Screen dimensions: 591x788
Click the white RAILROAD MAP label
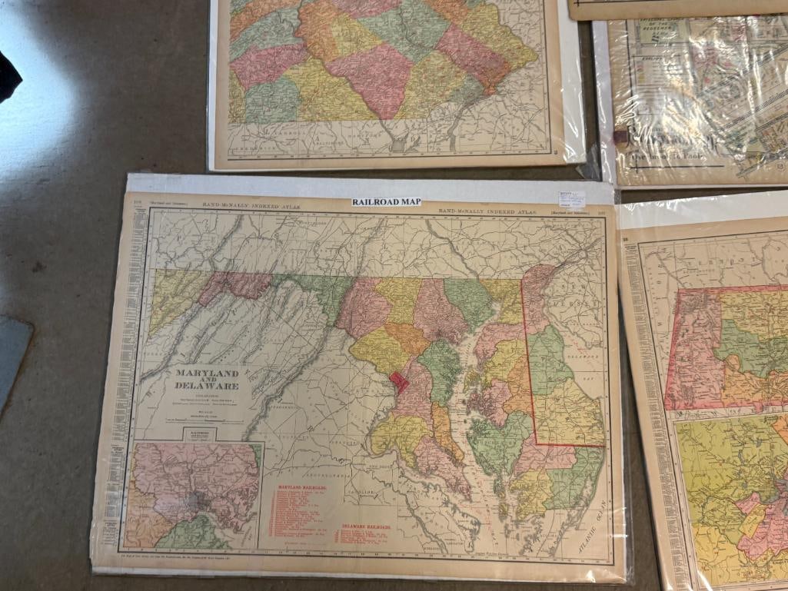[387, 202]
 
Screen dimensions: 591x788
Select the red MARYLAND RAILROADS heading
[301, 489]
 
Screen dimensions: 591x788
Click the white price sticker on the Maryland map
[571, 200]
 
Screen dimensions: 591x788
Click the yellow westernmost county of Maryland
[171, 296]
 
